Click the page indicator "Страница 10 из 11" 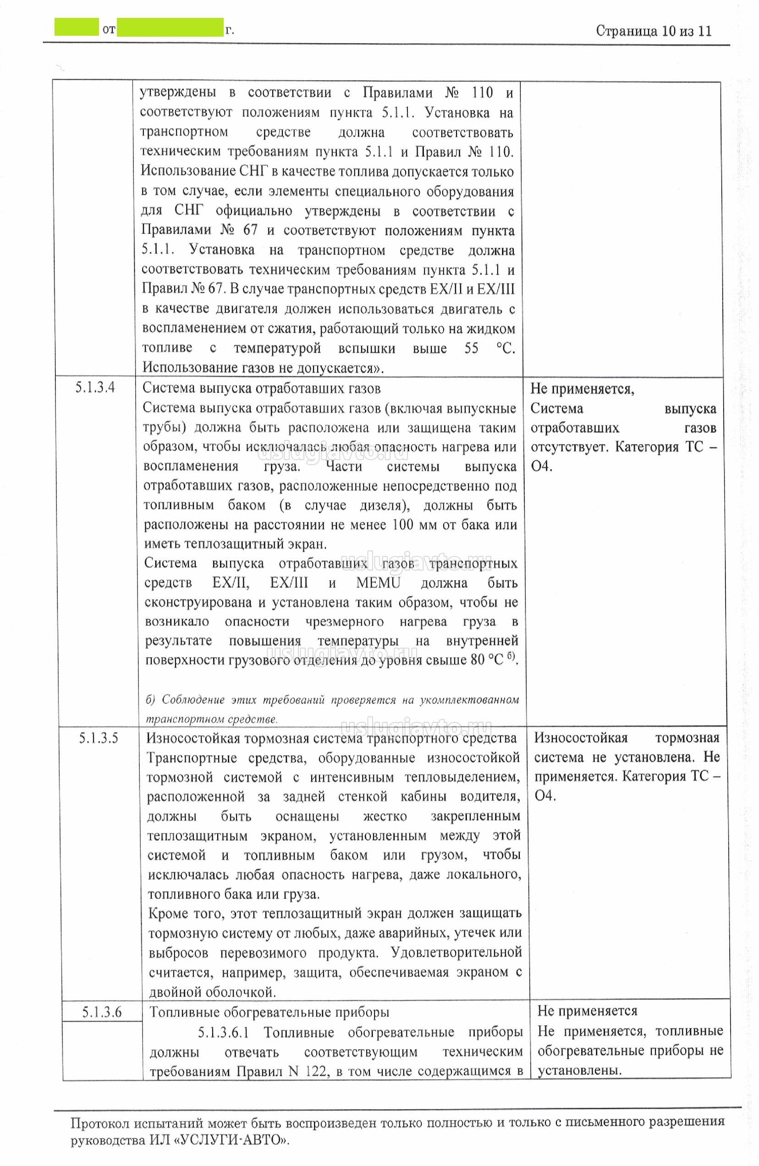pos(653,31)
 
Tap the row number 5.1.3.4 pos(95,388)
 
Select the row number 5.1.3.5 pos(99,738)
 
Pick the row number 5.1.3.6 pos(102,1012)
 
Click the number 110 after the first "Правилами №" pos(482,93)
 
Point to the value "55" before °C pos(471,348)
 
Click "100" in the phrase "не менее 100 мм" pos(402,525)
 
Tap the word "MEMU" pos(378,583)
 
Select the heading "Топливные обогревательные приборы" pos(269,1012)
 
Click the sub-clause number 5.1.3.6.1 pos(223,1032)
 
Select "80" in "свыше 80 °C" pos(478,660)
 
